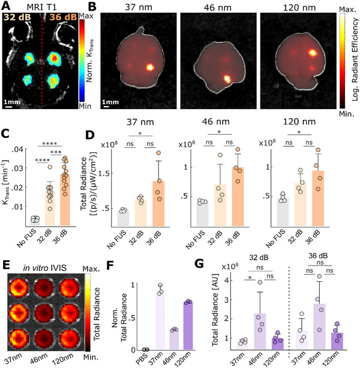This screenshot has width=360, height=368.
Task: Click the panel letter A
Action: (x=6, y=5)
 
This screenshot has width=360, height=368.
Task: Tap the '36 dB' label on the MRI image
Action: (x=63, y=17)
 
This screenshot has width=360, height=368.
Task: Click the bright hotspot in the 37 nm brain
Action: (x=150, y=68)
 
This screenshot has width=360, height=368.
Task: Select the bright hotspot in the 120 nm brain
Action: (x=313, y=53)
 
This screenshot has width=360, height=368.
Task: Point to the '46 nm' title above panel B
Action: (x=218, y=8)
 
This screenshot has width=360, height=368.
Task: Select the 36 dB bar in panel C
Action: (x=65, y=200)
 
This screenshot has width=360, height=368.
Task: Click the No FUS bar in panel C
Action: (x=35, y=222)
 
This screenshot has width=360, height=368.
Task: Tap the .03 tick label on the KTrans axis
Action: (x=18, y=168)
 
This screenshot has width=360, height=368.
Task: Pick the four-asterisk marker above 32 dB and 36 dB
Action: (x=50, y=144)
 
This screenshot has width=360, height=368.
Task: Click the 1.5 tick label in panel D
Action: (x=103, y=174)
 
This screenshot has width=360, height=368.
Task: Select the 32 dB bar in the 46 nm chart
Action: (x=220, y=206)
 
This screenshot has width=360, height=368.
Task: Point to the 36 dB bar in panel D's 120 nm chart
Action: (x=318, y=198)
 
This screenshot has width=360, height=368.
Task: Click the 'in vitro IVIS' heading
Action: (x=44, y=268)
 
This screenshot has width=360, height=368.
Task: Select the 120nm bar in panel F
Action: (x=188, y=326)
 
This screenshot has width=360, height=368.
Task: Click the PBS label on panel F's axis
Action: (x=142, y=358)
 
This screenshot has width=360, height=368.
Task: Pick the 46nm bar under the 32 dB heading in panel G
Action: (x=260, y=331)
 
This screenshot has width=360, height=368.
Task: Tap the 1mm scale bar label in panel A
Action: (x=12, y=102)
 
